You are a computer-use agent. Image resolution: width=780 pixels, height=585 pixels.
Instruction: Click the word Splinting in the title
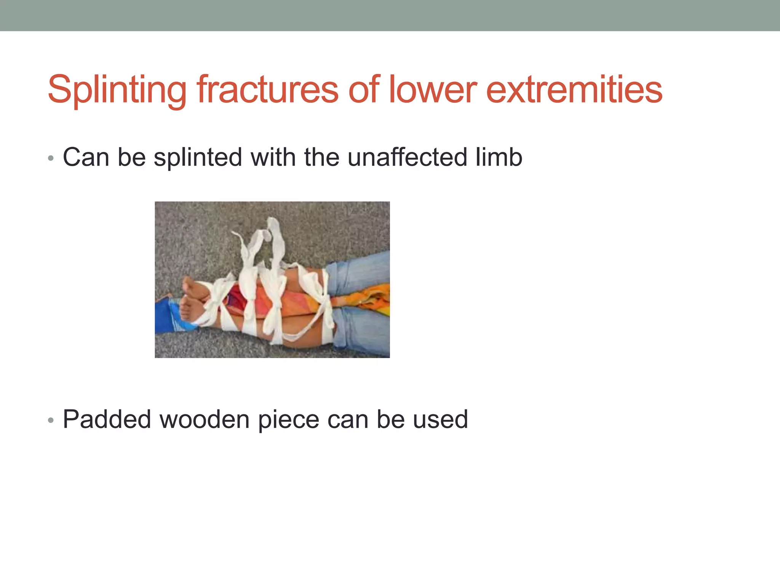pos(117,90)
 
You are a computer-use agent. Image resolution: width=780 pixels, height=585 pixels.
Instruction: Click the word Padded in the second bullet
pos(107,419)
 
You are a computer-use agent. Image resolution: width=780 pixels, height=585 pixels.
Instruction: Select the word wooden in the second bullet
pos(204,419)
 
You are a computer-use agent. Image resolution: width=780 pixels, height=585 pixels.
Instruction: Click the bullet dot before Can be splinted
pos(51,158)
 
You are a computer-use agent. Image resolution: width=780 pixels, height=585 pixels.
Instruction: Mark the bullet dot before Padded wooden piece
pos(51,420)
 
